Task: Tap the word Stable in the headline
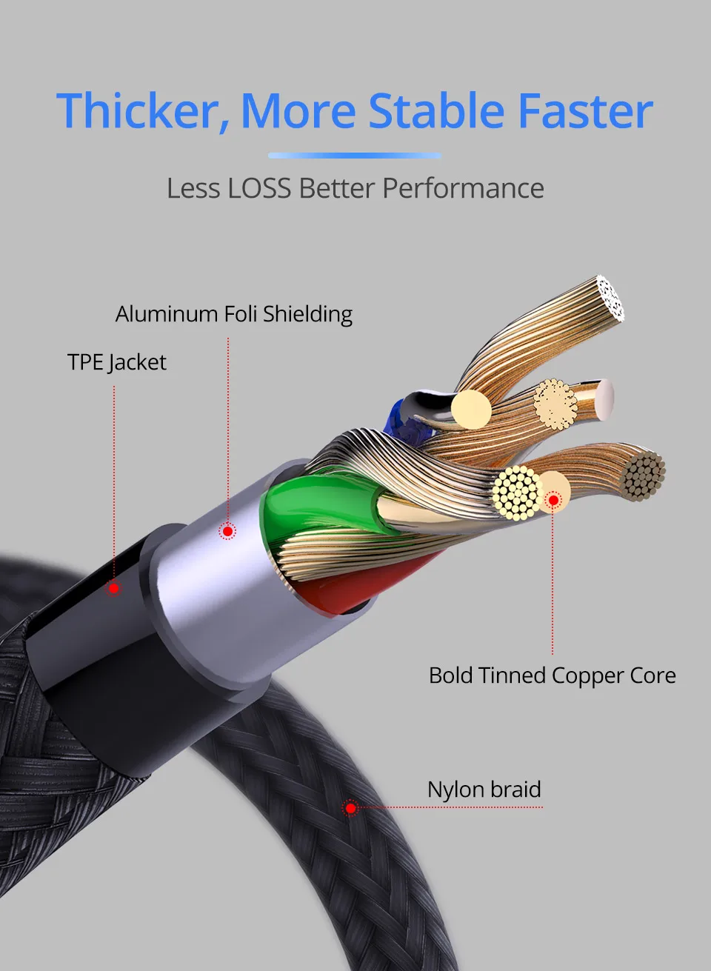pos(436,111)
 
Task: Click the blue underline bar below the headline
pos(354,156)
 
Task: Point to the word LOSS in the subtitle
pos(259,188)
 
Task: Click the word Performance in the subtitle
pos(463,188)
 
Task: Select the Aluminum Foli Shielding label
pos(233,314)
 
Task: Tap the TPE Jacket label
pos(117,362)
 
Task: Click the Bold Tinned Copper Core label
pos(552,675)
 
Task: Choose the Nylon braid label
pos(484,790)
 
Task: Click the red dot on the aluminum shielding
pos(228,531)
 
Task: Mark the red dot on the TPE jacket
pos(114,588)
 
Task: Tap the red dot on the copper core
pos(553,501)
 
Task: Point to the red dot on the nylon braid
pos(350,807)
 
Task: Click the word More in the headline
pos(298,111)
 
